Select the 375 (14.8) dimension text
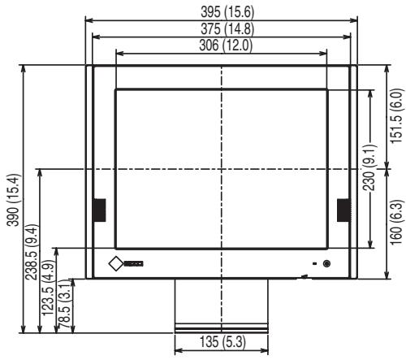pos(220,29)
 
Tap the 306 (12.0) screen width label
pos(220,46)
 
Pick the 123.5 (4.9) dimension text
pos(48,289)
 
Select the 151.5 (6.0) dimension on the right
pos(397,116)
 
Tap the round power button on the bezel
pos(326,262)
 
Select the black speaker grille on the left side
pos(99,210)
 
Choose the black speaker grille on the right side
pos(343,210)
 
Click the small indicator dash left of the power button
pos(314,263)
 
